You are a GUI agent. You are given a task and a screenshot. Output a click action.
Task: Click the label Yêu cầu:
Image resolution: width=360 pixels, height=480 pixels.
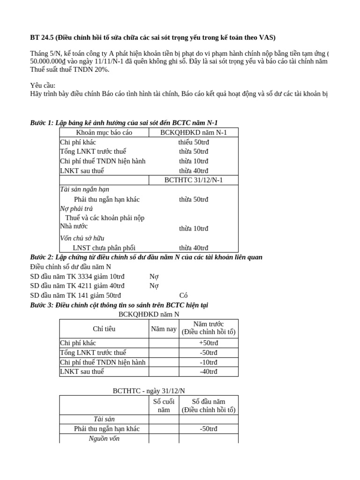click(x=43, y=86)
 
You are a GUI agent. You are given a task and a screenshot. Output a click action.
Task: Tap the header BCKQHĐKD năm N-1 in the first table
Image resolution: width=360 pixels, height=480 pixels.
click(x=193, y=133)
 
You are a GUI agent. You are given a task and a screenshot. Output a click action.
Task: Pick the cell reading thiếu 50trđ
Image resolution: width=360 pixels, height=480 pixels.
click(x=193, y=142)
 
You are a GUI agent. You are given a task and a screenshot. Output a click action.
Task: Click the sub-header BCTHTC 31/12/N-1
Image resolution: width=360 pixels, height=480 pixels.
click(x=193, y=180)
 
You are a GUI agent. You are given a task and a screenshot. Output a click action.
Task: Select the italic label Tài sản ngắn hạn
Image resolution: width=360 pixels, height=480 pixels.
click(x=84, y=189)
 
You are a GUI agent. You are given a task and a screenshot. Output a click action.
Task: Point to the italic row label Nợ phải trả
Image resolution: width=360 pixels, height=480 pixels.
click(x=76, y=209)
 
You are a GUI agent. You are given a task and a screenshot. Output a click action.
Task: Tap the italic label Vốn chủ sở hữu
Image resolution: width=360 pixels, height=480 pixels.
click(x=82, y=238)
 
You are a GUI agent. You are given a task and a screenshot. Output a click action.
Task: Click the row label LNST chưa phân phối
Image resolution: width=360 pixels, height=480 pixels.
click(x=104, y=247)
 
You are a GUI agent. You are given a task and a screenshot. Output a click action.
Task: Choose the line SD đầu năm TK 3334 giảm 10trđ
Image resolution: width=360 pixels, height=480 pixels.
click(x=77, y=277)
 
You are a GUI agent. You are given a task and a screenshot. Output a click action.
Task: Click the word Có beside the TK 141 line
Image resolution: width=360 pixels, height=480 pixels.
click(x=184, y=295)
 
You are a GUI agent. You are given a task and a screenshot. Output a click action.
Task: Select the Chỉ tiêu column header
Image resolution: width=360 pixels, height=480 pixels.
click(x=104, y=329)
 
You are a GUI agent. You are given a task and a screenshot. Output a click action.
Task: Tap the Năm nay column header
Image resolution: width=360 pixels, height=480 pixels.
click(x=164, y=329)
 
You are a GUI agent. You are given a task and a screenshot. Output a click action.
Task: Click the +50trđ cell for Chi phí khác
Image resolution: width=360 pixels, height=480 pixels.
click(x=208, y=343)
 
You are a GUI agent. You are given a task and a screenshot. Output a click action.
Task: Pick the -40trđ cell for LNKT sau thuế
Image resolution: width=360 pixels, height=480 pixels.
click(x=208, y=371)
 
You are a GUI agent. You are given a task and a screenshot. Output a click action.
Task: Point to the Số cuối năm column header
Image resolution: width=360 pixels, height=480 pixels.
click(x=164, y=405)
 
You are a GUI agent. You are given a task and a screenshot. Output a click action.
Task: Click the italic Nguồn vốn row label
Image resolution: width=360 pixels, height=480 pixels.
click(x=104, y=438)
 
